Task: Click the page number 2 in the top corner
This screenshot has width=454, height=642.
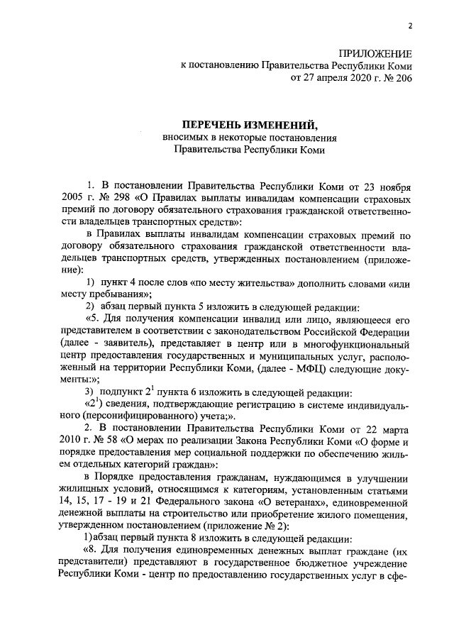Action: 409,27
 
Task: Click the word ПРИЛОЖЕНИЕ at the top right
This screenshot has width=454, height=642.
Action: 375,53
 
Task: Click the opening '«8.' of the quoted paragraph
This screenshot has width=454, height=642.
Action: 93,553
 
